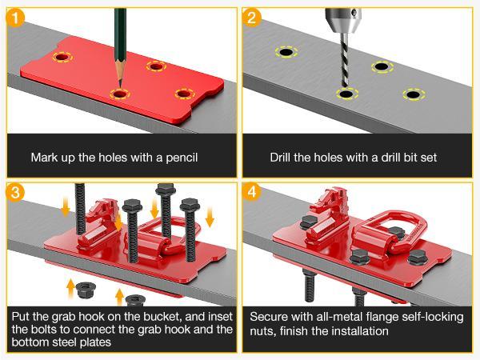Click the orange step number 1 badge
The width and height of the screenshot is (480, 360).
click(x=14, y=18)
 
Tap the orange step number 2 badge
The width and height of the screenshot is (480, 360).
click(x=252, y=18)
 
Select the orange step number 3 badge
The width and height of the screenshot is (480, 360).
click(x=14, y=193)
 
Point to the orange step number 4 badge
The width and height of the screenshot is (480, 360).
click(x=252, y=193)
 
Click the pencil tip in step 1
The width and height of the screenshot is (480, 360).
click(x=120, y=86)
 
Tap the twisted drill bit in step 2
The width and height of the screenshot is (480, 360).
click(x=344, y=60)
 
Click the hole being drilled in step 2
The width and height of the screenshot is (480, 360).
click(x=347, y=94)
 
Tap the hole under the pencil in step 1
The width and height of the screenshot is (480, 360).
click(x=120, y=94)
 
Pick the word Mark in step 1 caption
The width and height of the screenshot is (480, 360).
click(x=43, y=158)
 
